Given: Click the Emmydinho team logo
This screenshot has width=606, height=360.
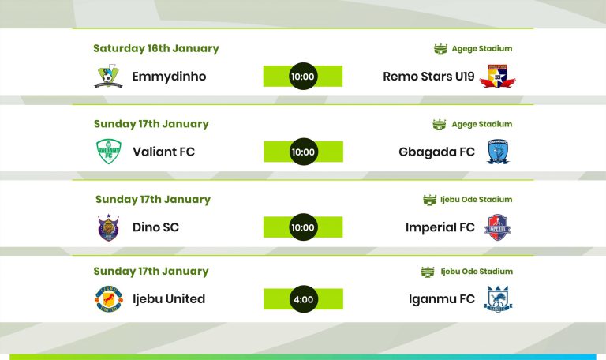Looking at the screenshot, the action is [108, 76].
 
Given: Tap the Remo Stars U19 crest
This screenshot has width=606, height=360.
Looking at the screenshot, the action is [497, 76].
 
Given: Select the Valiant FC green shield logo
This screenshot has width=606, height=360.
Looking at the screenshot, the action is [109, 152].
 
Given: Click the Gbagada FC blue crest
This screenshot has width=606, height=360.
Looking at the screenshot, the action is [498, 152].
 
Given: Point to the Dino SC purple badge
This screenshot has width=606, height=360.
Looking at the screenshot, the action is [109, 227].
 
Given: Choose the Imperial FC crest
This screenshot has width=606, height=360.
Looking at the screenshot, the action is [497, 227].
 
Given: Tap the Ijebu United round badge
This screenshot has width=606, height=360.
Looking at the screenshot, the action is [109, 299].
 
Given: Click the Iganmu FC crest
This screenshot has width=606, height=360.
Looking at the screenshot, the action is [498, 299].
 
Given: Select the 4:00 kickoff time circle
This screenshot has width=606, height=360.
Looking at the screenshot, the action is [303, 299].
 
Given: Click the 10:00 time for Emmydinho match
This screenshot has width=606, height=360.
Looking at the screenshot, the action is [303, 76].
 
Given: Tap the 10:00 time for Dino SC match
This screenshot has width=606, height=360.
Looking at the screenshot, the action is [303, 227].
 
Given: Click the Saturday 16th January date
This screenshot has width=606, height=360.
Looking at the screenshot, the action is [156, 48].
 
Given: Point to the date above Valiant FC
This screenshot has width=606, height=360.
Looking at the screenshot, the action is [151, 124].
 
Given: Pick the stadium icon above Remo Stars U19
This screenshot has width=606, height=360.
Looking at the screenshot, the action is [440, 49].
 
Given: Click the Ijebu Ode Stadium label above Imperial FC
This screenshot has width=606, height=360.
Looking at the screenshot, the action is [476, 200].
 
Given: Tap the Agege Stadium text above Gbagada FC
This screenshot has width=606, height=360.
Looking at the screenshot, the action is [482, 124].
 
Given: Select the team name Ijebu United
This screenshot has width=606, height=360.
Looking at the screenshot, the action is [169, 299].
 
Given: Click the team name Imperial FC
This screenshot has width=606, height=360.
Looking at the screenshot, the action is [440, 227].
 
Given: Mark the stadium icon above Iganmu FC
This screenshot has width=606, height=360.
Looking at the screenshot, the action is [428, 272].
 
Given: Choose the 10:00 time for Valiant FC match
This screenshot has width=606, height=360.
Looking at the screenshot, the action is [303, 152].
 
